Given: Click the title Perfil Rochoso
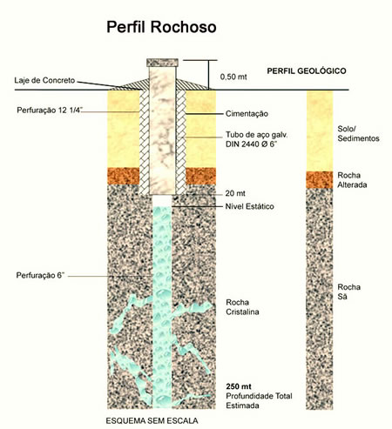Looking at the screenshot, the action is coord(161,27).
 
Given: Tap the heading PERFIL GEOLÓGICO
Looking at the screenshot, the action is coord(307,71).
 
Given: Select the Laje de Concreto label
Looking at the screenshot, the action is coord(44,80).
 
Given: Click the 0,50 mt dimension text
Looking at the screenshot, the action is coord(233,77).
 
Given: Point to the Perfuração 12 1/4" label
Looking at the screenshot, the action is coord(50,111).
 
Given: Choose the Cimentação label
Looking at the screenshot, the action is coord(247,114).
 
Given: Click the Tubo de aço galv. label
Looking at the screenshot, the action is coord(257,135).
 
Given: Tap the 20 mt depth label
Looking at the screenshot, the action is coord(235,193).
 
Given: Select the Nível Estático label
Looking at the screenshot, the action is coord(250,206).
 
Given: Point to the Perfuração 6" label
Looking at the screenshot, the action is coord(40,275).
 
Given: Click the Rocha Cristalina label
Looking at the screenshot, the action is coord(242,307).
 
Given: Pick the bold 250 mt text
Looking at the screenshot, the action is coord(239,386).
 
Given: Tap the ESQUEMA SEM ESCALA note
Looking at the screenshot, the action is coord(152,420).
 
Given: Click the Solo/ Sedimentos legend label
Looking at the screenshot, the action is coord(358,133).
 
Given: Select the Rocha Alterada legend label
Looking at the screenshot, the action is coord(352,180).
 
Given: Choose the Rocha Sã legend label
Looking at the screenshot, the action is coord(348,292).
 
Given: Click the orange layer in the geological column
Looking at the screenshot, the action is coord(320,180).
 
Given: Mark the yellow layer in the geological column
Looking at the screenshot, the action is coord(320,131).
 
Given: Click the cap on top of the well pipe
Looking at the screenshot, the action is coord(162,63).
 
